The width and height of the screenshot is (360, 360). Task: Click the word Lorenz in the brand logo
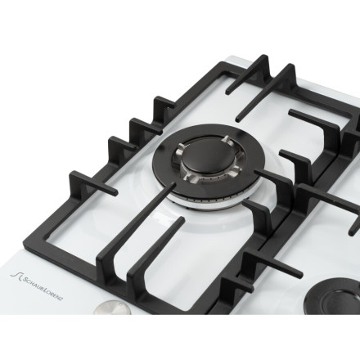point(54,295)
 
